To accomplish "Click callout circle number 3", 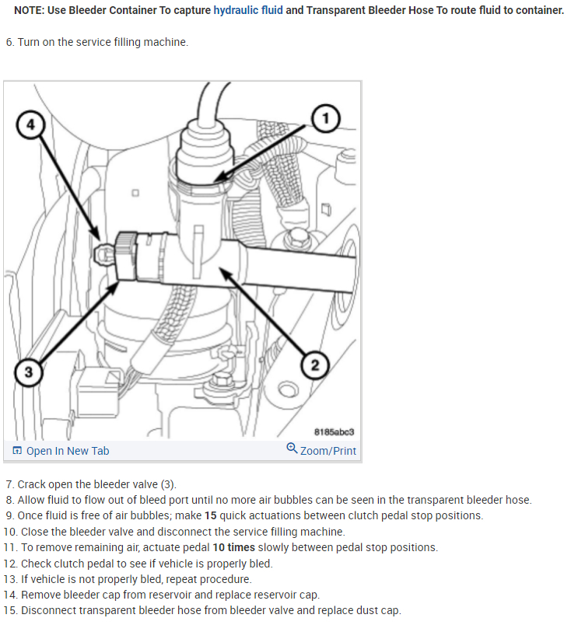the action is point(28,372).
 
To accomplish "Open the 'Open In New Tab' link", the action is point(68,451).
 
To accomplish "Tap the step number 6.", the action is point(9,42).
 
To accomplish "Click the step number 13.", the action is point(9,579).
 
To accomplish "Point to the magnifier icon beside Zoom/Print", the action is point(292,449).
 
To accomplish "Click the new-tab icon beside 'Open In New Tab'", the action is point(17,451).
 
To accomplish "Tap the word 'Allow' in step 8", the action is point(32,500).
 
